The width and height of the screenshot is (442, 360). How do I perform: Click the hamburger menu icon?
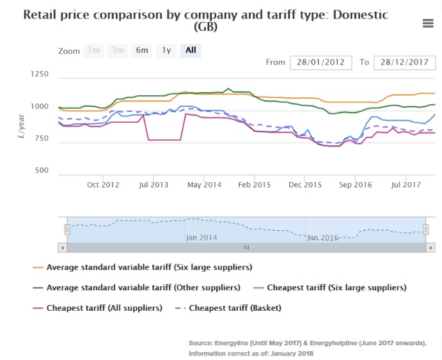click(x=428, y=24)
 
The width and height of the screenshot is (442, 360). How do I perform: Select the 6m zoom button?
click(x=141, y=51)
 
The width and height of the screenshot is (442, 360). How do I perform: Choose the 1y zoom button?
click(x=166, y=51)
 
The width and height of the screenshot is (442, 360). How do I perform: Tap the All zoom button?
click(x=190, y=51)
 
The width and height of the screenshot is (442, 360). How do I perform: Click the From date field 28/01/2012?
click(x=321, y=63)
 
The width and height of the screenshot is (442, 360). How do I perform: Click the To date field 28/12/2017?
click(x=404, y=63)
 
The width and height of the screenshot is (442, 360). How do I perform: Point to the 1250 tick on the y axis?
click(x=39, y=75)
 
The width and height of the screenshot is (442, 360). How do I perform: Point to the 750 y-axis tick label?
click(x=41, y=139)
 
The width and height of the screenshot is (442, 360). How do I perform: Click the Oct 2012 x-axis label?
click(x=103, y=185)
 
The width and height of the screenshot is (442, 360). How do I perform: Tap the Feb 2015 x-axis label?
click(x=254, y=185)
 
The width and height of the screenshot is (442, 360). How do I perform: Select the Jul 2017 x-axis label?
click(x=405, y=185)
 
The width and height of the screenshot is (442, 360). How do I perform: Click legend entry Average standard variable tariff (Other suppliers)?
click(x=144, y=288)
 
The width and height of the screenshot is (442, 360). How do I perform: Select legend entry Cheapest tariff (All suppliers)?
click(x=104, y=308)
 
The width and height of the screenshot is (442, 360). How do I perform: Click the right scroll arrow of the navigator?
click(x=430, y=247)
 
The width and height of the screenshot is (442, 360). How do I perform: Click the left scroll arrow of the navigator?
click(x=62, y=247)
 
